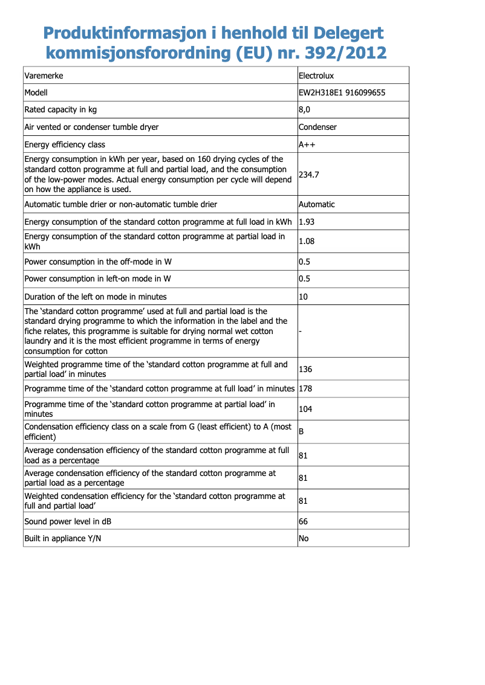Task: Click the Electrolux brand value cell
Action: coord(316,76)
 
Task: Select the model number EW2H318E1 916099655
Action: coord(342,92)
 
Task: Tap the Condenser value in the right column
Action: coord(318,127)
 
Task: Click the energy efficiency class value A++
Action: coord(307,144)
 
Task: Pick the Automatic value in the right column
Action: coord(317,204)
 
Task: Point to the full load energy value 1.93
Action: coord(307,222)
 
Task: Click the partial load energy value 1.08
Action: coord(307,241)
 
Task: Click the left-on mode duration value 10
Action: coord(304,297)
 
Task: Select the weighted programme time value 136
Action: coord(305,369)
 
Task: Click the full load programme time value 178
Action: coord(305,388)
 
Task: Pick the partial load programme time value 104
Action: coord(305,409)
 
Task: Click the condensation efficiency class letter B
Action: coord(301,431)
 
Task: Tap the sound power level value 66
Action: coord(304,521)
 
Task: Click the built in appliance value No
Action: coord(304,538)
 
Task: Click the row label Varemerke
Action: coord(44,76)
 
